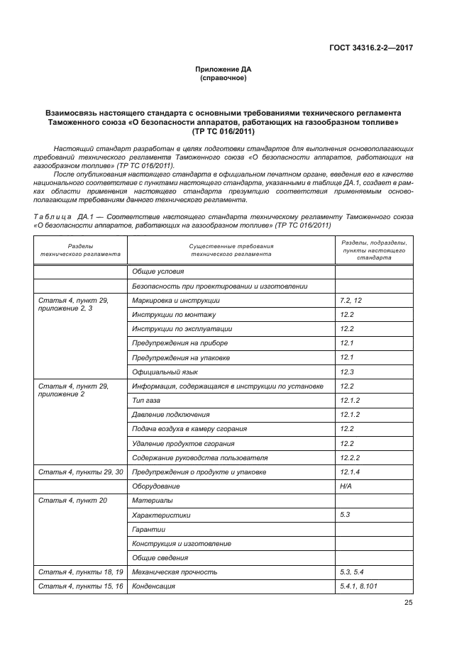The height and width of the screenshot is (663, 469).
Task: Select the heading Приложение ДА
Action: coord(224,69)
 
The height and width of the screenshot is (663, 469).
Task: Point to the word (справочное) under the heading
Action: coord(224,78)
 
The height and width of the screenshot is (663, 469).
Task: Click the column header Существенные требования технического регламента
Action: coord(231,250)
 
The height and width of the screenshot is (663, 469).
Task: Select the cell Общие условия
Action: coord(158,272)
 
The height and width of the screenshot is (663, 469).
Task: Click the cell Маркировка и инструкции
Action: coord(170,301)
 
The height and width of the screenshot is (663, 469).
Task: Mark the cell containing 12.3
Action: coord(347,372)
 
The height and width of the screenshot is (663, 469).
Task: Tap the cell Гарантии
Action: coord(148,529)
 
